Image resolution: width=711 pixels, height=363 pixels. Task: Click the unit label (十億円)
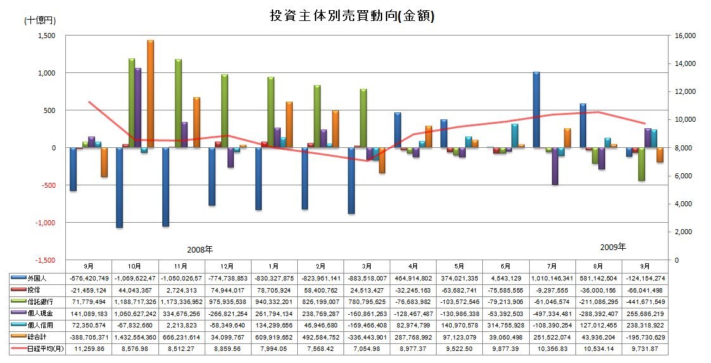(x=39, y=20)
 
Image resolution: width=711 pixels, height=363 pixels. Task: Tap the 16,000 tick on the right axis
(x=686, y=36)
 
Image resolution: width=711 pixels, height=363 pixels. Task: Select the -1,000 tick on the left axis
(x=46, y=223)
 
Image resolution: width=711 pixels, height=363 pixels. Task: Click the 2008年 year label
(x=200, y=249)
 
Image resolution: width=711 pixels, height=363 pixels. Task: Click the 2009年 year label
(x=613, y=246)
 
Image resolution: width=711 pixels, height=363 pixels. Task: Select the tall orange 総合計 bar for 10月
(x=150, y=94)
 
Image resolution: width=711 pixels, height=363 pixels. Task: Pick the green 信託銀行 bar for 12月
(x=225, y=111)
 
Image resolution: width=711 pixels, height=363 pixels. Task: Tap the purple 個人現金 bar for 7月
(x=555, y=166)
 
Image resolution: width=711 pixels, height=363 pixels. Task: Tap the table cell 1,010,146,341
(x=552, y=277)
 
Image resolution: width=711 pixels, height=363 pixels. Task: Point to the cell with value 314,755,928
(x=505, y=325)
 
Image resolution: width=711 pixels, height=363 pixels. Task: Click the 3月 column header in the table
(x=367, y=266)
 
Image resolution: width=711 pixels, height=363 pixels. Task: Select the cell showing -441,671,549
(x=644, y=301)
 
